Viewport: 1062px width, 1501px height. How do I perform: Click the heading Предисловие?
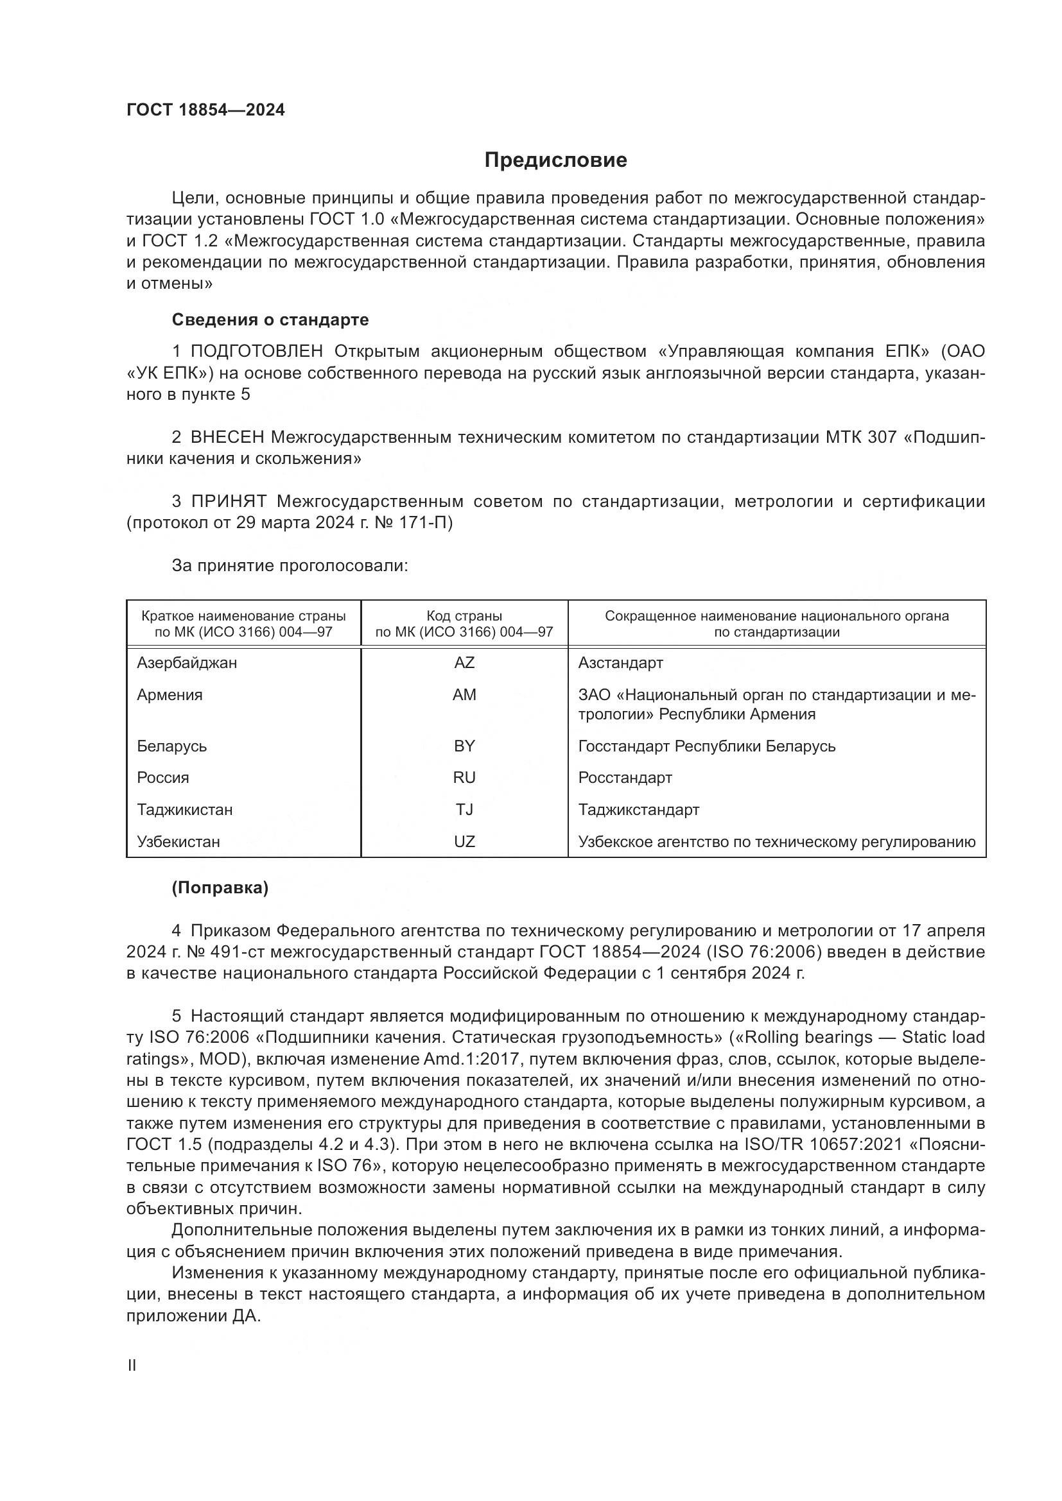555,160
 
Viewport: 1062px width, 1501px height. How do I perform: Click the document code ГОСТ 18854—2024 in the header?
205,110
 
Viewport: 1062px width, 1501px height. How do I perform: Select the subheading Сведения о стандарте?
270,320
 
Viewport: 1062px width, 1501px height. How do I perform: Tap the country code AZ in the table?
464,663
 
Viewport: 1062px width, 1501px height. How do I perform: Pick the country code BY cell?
464,746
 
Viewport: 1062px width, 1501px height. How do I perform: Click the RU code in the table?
464,777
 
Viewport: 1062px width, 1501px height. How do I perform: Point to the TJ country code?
464,809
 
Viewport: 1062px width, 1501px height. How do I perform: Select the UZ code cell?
464,841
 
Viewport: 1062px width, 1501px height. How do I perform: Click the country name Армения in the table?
170,695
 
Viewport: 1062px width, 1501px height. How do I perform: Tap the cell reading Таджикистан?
185,809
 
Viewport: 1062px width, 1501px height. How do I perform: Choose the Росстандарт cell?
625,777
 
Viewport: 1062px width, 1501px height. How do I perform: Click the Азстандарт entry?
621,663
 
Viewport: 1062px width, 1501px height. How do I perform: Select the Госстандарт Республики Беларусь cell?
707,746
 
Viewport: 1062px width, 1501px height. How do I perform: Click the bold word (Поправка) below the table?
220,888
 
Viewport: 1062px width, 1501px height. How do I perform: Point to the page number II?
132,1365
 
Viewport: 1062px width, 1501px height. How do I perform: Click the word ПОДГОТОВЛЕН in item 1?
257,352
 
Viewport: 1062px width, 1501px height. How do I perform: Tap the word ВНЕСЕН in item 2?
227,438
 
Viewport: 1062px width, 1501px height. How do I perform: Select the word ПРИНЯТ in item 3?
229,501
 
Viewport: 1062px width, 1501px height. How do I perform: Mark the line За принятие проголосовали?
290,565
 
